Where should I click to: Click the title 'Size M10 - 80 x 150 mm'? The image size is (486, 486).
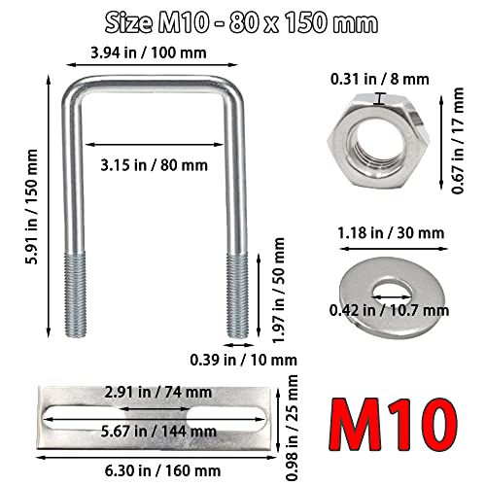coord(242,20)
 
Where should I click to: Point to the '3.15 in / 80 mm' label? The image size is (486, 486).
coord(153,164)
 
